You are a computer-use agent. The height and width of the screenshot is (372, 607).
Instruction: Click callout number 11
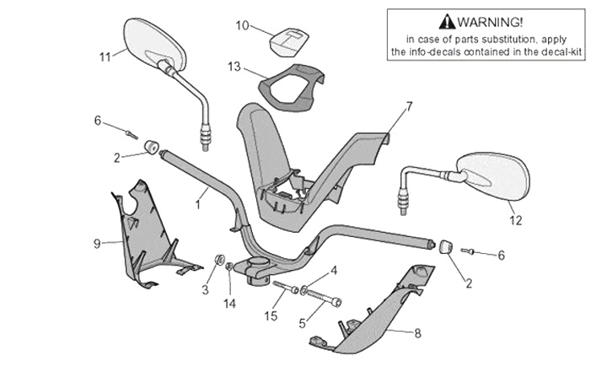click(105, 57)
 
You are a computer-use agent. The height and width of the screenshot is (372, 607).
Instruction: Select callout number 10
click(242, 25)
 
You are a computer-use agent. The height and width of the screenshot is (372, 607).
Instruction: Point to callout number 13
click(234, 66)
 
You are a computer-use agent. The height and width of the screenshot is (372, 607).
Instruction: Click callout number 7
click(409, 106)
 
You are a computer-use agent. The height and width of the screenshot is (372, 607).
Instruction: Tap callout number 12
click(515, 221)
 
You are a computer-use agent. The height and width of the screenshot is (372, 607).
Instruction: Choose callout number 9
click(97, 244)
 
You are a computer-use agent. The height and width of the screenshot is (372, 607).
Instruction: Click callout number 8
click(417, 332)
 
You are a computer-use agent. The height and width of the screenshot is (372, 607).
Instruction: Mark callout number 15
click(270, 316)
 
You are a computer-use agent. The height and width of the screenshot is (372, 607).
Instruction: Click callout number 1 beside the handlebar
click(199, 203)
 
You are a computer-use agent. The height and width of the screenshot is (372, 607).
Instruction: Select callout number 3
click(204, 290)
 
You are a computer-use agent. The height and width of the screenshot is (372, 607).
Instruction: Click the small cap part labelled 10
click(288, 39)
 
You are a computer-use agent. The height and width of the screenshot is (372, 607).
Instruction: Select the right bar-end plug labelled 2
click(444, 246)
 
